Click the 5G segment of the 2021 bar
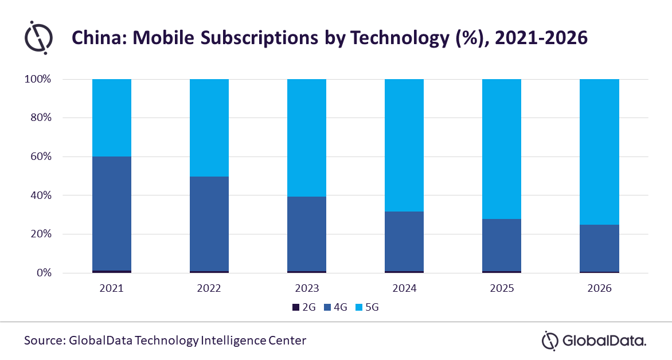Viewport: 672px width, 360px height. point(112,118)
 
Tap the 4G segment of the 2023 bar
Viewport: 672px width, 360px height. point(307,233)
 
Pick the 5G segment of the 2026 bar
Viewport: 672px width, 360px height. point(599,152)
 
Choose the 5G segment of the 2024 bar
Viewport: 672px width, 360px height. point(404,145)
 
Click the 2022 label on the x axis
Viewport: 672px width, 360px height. point(209,288)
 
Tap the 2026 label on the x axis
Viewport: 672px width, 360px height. point(599,288)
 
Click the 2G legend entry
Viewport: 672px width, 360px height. point(304,307)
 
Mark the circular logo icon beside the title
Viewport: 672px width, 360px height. point(38,37)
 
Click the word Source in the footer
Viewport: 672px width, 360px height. point(44,340)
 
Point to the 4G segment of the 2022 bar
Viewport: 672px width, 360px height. point(209,224)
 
